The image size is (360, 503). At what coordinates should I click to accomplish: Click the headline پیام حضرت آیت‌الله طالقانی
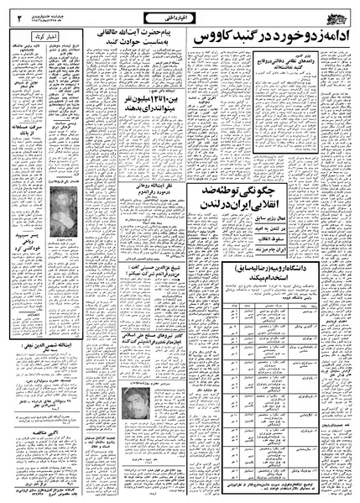click(x=141, y=40)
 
